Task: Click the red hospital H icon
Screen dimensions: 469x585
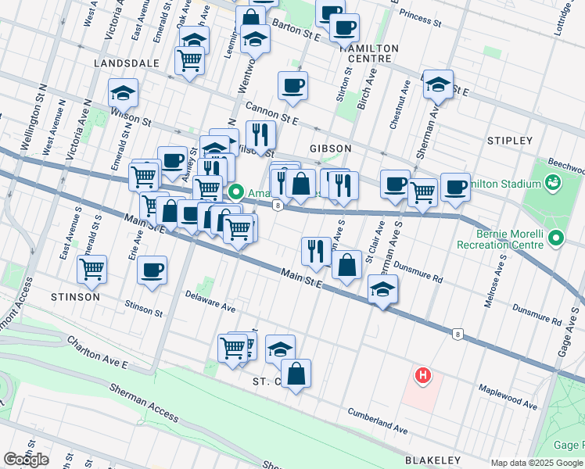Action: click(423, 376)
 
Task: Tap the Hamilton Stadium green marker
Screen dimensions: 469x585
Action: click(554, 183)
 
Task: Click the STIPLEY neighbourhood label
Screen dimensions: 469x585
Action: click(509, 141)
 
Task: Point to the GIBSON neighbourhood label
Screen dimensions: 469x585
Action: click(330, 148)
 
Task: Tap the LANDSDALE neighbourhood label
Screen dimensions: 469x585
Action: click(125, 62)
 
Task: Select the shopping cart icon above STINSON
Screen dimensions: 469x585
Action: click(92, 269)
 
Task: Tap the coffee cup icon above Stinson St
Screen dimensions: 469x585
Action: click(152, 270)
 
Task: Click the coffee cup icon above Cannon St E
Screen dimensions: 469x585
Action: click(292, 85)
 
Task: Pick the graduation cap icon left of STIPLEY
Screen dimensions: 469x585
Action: click(438, 84)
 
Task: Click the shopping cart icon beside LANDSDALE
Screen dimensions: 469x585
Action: click(189, 60)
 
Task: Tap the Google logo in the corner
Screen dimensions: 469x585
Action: click(27, 459)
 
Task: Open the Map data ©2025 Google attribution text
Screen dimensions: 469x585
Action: click(537, 463)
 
